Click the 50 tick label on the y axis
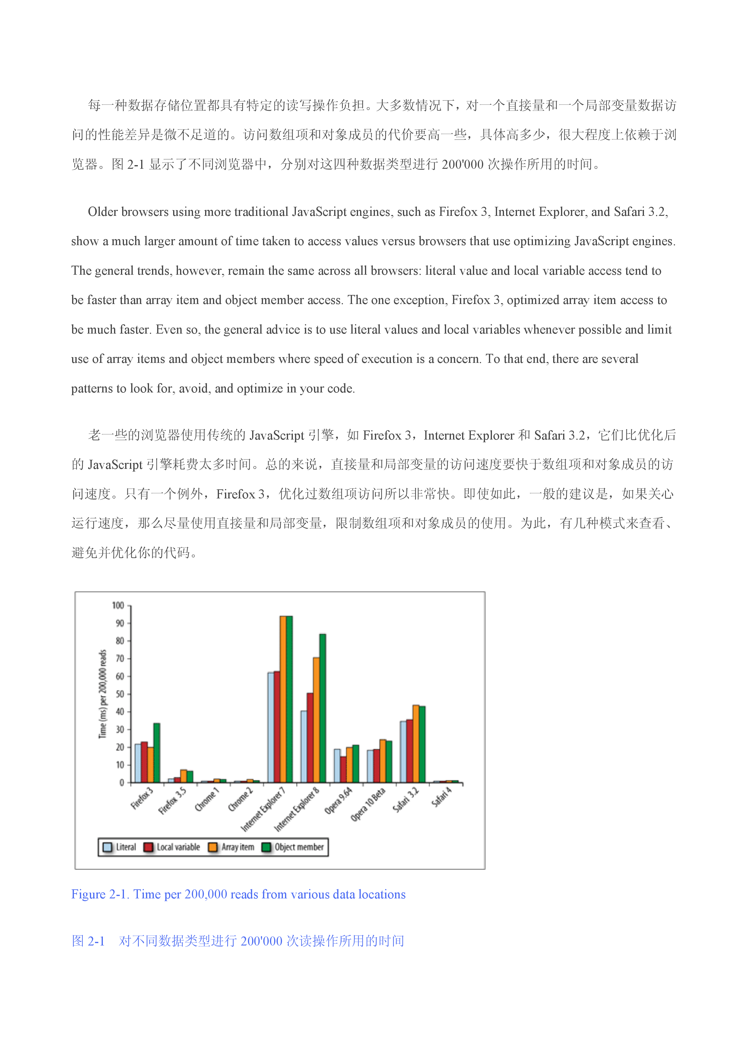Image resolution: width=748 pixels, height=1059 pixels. tap(120, 694)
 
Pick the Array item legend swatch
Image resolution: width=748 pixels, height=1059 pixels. tap(213, 847)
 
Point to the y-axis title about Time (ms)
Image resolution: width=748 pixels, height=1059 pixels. tap(103, 694)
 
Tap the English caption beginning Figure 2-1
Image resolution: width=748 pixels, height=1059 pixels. tap(238, 894)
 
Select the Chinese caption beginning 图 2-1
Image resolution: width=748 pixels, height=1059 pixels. tap(238, 941)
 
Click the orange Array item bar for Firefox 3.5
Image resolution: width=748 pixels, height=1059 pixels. tap(183, 776)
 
